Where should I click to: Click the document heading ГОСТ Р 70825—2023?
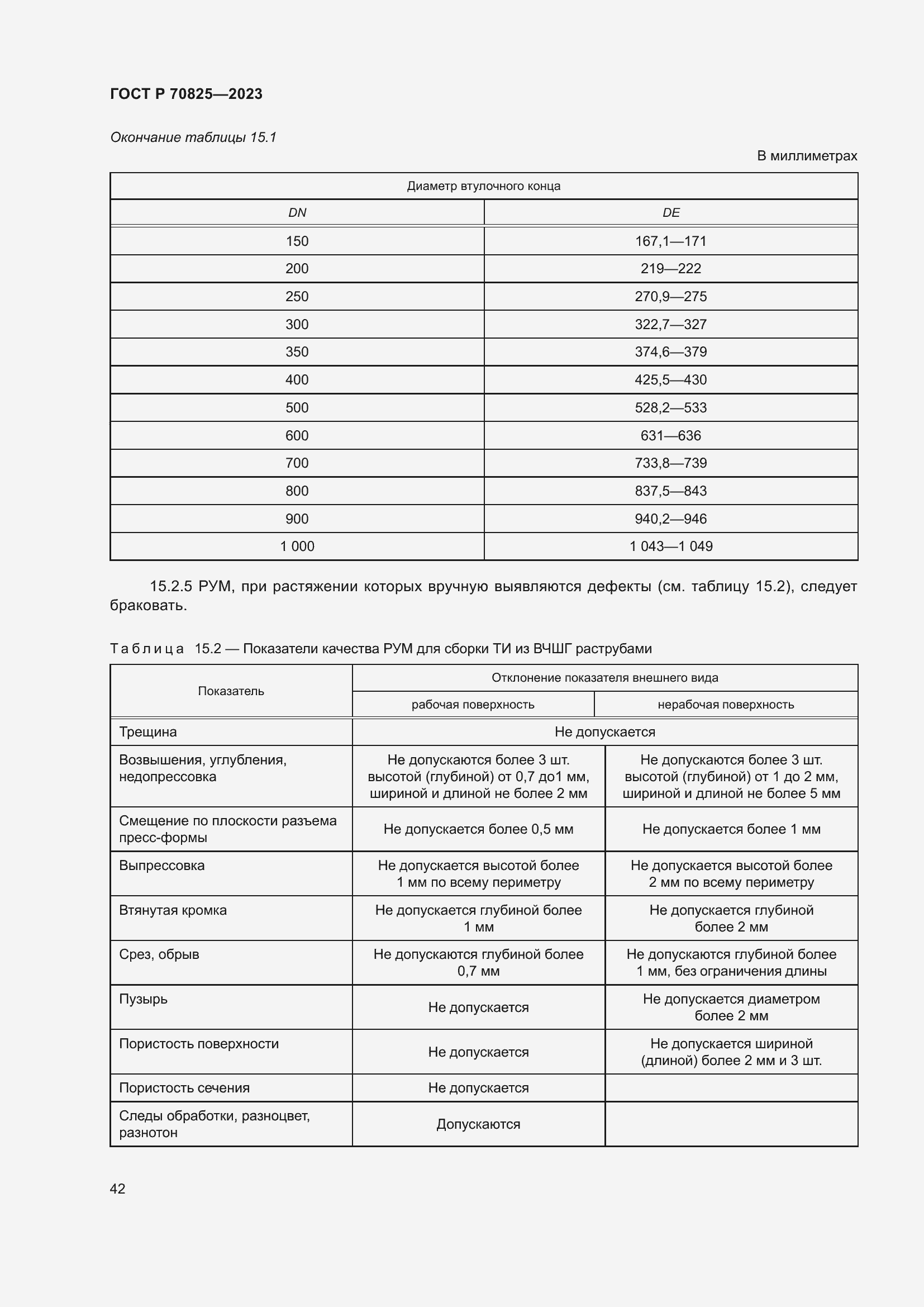click(186, 94)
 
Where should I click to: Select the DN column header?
click(297, 213)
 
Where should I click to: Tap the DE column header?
click(671, 213)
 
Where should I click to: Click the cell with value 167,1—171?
click(671, 241)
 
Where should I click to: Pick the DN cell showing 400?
click(297, 379)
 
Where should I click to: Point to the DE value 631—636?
click(671, 435)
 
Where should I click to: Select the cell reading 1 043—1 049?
click(671, 546)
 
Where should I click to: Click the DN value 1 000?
click(297, 546)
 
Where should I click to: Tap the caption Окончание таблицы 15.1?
click(193, 138)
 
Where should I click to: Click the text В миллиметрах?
click(806, 156)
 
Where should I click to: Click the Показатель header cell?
click(231, 691)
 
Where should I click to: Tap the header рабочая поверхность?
click(473, 705)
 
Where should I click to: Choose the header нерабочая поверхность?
click(726, 705)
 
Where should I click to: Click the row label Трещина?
click(148, 732)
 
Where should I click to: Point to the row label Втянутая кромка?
click(173, 910)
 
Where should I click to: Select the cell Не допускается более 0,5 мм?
click(478, 829)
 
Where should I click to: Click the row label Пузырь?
click(144, 999)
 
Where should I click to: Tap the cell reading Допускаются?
click(478, 1124)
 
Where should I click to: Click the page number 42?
click(118, 1189)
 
